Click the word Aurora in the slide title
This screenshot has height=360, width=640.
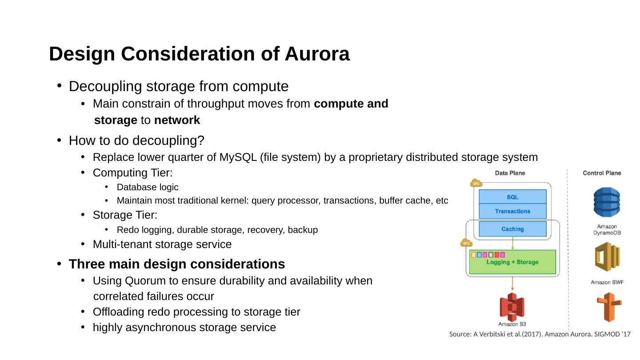pos(317,54)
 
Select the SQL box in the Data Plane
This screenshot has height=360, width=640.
pos(512,197)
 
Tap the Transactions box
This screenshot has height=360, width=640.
pos(512,211)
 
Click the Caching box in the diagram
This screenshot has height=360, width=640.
pos(512,229)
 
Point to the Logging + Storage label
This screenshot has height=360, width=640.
pos(512,262)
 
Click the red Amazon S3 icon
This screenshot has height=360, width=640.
pos(512,307)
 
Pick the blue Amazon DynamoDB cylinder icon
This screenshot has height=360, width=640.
pos(607,202)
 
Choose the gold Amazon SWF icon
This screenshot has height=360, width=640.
pos(607,257)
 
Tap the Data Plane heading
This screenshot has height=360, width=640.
pos(510,173)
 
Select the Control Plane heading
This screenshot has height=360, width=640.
pos(602,173)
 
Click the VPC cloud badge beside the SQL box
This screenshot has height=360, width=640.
pos(476,183)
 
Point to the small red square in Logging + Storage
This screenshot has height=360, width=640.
pos(497,255)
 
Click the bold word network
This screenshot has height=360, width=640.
pos(177,120)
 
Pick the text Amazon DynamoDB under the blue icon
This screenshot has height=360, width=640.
pos(607,230)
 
